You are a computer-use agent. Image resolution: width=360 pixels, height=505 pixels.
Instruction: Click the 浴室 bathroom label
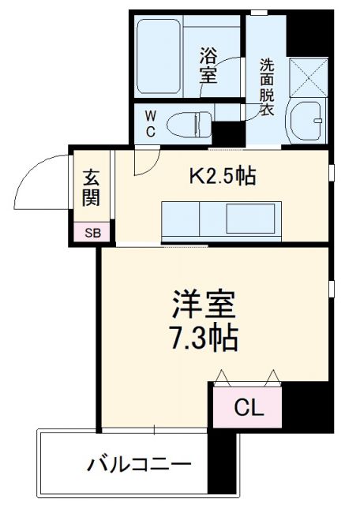(x=209, y=65)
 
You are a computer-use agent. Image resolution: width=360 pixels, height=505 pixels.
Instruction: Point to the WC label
(x=149, y=123)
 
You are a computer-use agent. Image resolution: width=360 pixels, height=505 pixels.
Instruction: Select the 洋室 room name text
(x=204, y=304)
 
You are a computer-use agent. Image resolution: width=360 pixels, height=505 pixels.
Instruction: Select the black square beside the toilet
(x=227, y=133)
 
